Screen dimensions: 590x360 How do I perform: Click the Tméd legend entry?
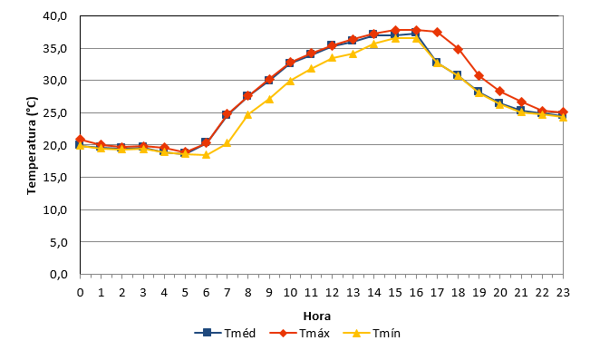225,334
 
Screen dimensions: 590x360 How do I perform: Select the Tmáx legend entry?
300,334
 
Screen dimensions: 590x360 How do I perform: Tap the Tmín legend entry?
372,334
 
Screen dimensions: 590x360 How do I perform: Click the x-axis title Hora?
317,316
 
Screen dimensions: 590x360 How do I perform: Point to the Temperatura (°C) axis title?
32,145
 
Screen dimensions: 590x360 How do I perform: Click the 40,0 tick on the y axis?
55,16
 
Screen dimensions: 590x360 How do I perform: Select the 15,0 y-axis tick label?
55,178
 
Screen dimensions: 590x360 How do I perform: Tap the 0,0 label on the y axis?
59,275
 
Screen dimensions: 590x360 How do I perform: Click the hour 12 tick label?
332,293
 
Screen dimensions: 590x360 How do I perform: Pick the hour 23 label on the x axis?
563,293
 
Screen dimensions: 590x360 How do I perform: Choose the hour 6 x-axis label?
206,293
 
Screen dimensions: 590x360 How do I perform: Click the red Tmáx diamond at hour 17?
437,32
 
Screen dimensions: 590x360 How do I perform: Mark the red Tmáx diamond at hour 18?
458,49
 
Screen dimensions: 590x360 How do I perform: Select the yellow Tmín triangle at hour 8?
248,114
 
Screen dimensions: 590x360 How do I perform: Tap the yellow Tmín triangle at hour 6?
206,154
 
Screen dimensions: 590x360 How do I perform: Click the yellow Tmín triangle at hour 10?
290,81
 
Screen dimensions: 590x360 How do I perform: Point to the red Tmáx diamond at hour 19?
479,75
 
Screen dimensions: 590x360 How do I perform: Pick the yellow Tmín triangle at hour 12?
332,58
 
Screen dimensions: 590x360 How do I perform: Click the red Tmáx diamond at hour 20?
499,91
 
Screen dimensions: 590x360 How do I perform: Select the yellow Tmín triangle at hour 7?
227,142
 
